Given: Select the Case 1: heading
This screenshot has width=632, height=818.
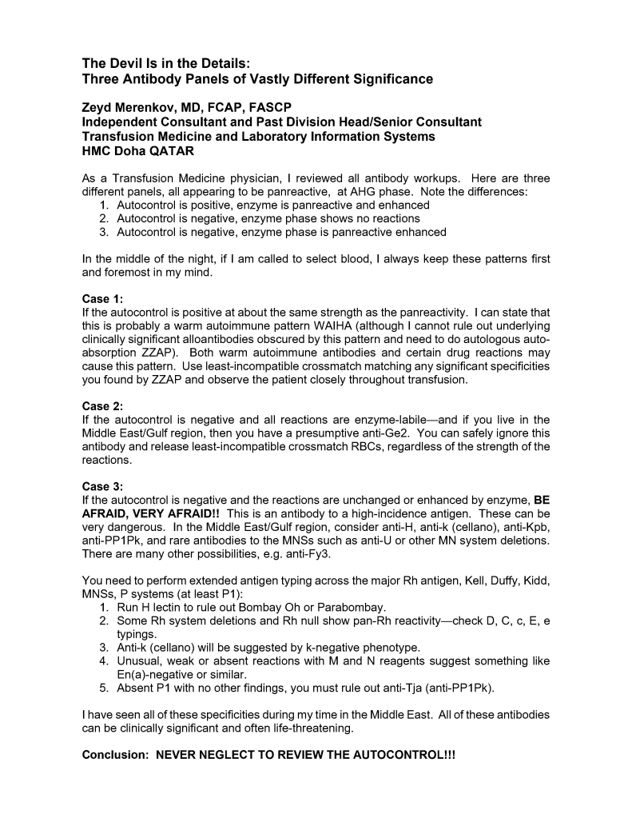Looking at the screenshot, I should pyautogui.click(x=103, y=298).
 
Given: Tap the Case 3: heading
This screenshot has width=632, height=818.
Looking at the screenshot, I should pyautogui.click(x=103, y=485).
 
